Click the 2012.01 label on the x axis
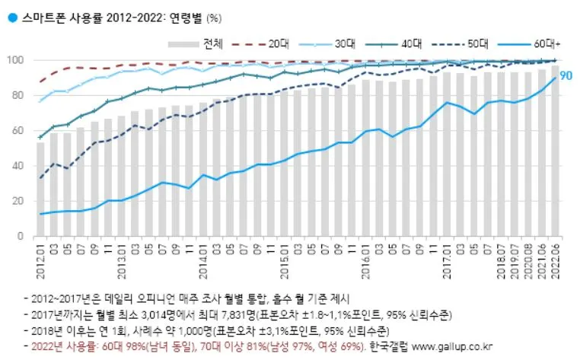point(40,259)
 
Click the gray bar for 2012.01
point(40,190)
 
